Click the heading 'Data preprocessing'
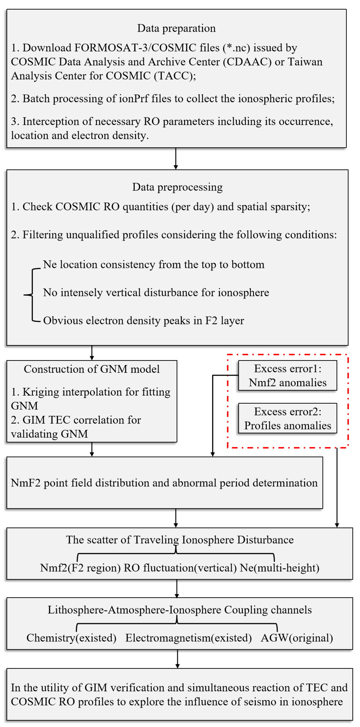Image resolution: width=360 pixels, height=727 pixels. [x=177, y=187]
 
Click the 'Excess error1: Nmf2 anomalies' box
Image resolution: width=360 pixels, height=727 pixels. [x=287, y=376]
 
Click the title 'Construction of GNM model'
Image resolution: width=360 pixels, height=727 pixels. [x=92, y=369]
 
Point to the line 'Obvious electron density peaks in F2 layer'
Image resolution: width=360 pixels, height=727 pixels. [x=143, y=321]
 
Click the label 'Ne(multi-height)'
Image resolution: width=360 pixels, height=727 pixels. [x=280, y=568]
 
